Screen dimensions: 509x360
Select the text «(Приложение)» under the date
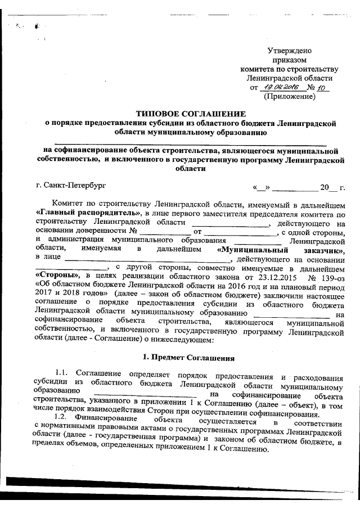click(x=289, y=97)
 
